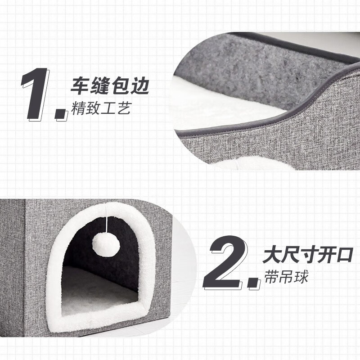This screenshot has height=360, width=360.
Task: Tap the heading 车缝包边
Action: [109, 86]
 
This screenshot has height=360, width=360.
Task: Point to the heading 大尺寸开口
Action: [308, 255]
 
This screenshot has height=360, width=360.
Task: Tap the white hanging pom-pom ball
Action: [106, 245]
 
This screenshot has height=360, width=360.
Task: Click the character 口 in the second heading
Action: [344, 255]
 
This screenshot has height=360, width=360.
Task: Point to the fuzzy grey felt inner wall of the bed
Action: [252, 67]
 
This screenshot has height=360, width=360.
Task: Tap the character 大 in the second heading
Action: [272, 255]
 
